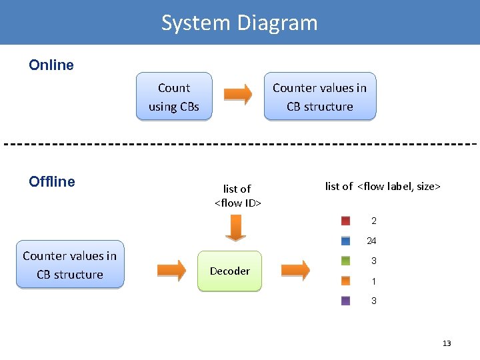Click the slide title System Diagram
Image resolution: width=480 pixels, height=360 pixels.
[239, 23]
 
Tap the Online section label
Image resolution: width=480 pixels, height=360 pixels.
[51, 65]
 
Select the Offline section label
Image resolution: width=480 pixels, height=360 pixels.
[52, 181]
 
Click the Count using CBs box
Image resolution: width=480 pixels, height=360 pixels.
[174, 97]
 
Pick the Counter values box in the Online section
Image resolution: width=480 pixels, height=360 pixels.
[319, 97]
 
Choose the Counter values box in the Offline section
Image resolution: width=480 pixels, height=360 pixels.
[70, 265]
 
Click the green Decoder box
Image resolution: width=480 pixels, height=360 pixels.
[230, 271]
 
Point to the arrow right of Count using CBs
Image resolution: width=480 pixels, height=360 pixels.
[237, 95]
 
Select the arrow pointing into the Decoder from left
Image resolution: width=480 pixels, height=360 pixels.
[172, 269]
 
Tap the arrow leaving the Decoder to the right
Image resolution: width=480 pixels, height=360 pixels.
[295, 269]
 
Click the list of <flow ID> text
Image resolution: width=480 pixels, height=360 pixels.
[237, 195]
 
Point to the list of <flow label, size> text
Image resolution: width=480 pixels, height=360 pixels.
[383, 187]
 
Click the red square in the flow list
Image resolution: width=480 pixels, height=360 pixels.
[346, 221]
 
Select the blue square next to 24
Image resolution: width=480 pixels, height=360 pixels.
[346, 241]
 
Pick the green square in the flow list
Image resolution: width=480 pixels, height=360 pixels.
[346, 261]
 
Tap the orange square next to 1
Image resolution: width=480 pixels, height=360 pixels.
[346, 281]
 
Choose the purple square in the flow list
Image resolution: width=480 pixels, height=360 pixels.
[346, 301]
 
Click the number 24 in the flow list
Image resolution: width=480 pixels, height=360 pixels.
[371, 241]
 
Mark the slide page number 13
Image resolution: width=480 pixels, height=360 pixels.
[447, 343]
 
